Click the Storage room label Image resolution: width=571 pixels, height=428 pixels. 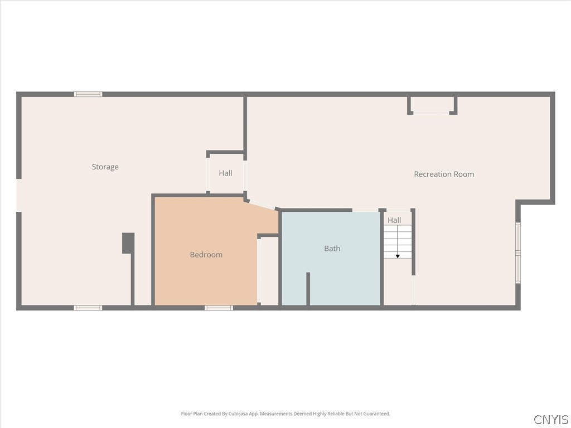coord(105,167)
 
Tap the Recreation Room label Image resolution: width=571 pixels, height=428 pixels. coord(444,174)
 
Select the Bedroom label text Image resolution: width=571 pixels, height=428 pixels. coord(206,255)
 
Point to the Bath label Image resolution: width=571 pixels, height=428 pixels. coord(332,249)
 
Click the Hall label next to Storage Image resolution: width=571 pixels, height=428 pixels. coord(225,173)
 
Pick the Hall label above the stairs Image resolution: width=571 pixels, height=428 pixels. coord(394,220)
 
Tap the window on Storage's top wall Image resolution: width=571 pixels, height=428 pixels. coord(88,94)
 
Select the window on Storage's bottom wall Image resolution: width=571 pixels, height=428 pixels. coord(88,308)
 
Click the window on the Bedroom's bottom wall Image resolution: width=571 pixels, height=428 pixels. coord(219,308)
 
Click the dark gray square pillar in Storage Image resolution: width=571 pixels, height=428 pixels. coord(128,243)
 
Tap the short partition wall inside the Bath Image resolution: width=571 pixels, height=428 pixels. coord(308,289)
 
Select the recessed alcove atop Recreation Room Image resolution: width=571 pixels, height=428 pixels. coord(432,105)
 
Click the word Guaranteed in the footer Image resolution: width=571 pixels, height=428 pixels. coord(376,414)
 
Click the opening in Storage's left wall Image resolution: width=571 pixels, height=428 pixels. coord(18,195)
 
